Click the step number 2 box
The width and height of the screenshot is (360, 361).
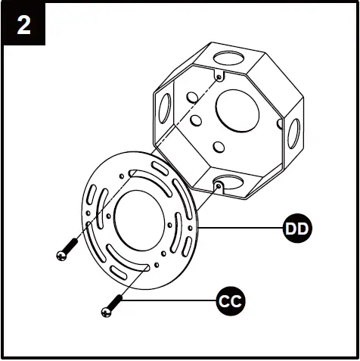23,24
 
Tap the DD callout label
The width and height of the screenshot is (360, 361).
297,229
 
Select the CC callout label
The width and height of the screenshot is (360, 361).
231,300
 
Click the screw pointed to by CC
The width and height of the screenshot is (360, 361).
112,306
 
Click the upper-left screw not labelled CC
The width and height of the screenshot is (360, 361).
67,249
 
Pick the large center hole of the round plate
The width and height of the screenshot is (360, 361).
139,221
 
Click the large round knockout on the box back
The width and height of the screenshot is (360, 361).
237,110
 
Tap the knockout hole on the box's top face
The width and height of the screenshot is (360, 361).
229,58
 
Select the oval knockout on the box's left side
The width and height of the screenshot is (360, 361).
165,108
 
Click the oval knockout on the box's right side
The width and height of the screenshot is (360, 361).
293,133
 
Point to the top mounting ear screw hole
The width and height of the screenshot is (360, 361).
219,76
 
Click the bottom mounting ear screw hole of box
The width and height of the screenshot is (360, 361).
219,186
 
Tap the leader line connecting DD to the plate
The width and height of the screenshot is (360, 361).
241,228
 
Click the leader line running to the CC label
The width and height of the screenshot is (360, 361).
169,300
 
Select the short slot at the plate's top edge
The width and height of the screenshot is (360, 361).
160,168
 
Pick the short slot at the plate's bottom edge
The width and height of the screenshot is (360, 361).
118,272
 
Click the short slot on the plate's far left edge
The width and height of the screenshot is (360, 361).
92,195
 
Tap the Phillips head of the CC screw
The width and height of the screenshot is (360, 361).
106,313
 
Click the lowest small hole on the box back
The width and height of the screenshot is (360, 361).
219,147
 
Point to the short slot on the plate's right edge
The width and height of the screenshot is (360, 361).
188,247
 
